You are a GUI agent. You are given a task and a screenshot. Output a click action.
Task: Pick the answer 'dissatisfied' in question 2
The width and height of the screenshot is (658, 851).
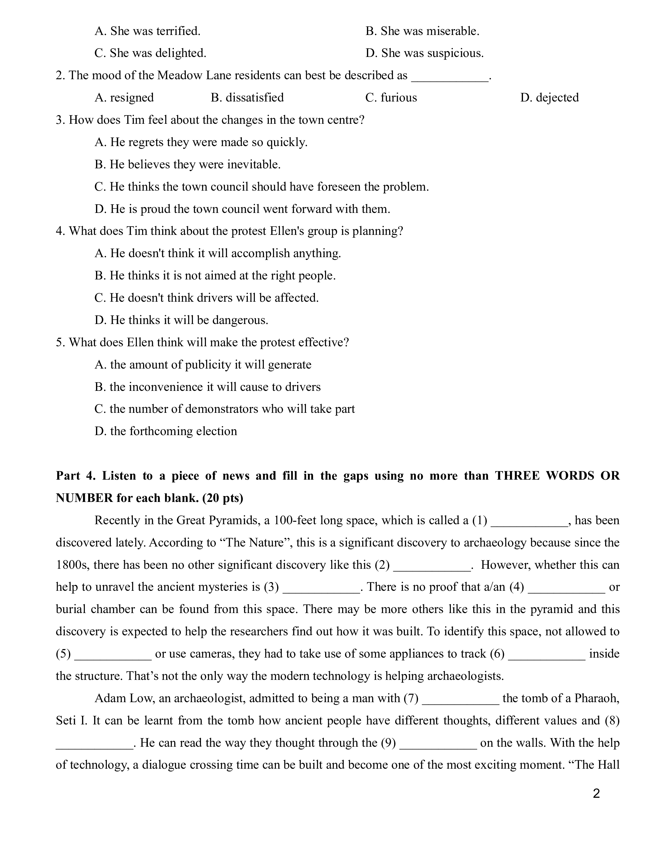247,97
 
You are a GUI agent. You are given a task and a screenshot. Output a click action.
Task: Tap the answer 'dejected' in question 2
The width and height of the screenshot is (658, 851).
549,97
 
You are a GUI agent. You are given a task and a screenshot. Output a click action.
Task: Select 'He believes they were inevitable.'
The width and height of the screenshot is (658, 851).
188,164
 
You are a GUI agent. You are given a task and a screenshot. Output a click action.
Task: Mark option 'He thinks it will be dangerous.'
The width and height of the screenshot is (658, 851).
181,320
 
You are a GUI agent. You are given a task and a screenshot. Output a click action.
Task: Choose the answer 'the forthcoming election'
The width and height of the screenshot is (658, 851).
166,431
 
